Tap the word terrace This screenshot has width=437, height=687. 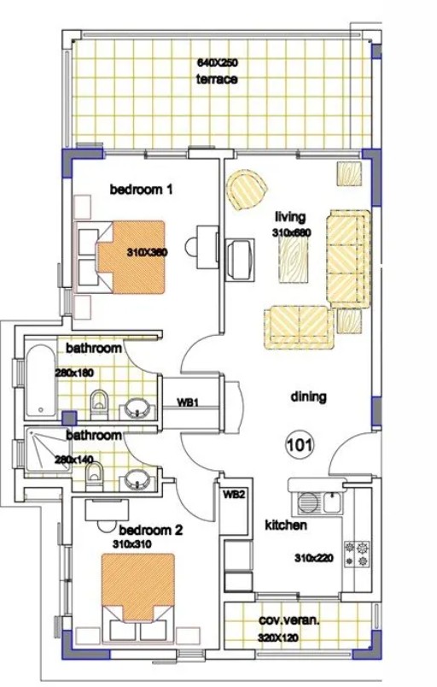[217, 79]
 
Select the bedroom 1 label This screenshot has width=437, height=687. [142, 190]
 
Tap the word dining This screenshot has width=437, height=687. [309, 397]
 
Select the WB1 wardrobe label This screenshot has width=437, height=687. [188, 402]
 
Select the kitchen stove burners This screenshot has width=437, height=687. [356, 554]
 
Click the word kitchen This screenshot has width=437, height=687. [285, 526]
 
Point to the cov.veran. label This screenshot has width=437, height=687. [289, 621]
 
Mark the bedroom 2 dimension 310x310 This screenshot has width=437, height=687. [131, 543]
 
